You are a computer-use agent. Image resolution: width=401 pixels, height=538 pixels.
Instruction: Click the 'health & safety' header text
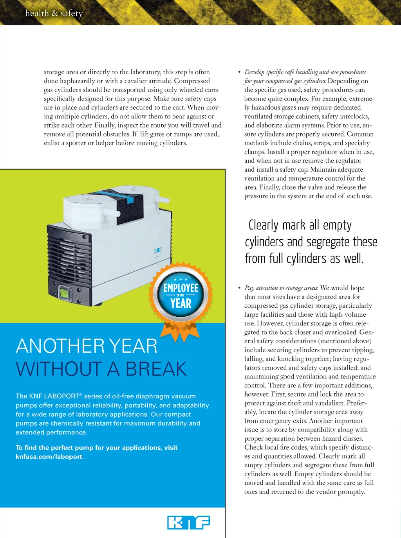click(54, 13)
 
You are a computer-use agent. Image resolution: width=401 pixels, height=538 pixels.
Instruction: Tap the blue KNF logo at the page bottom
click(188, 522)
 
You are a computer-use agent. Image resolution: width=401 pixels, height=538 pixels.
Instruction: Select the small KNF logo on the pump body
click(158, 250)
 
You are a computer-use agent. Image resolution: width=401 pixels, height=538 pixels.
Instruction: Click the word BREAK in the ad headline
click(156, 369)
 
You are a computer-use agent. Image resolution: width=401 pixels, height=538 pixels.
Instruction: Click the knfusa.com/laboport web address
click(50, 457)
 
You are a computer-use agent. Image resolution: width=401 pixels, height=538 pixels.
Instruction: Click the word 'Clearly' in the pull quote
click(264, 226)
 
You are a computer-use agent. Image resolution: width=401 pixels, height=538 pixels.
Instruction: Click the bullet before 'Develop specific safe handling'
click(239, 72)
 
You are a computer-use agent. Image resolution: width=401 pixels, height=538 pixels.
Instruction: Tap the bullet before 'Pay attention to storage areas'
click(239, 288)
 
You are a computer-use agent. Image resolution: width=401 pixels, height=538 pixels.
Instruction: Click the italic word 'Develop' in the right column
click(254, 72)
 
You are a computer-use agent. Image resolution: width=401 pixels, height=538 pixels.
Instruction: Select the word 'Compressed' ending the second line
click(192, 81)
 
